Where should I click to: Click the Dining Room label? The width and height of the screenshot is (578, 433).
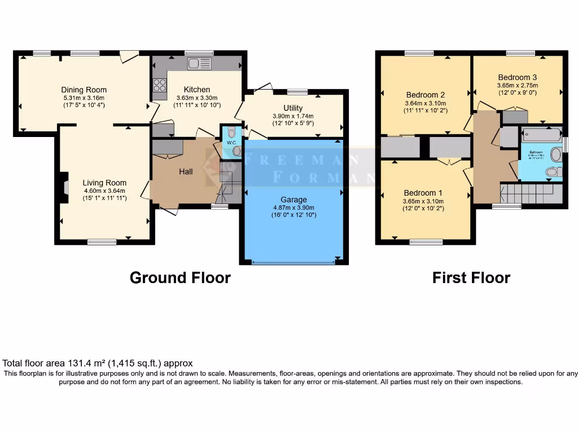point(84,90)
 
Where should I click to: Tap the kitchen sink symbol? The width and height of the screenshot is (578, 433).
point(199,64)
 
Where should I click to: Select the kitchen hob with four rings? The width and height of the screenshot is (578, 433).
point(159,85)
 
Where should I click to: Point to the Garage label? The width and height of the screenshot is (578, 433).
point(294,200)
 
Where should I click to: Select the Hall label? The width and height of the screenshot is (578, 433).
point(186,171)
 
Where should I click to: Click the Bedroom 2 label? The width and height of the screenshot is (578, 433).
point(426,95)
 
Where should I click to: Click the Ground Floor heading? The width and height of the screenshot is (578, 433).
point(180,278)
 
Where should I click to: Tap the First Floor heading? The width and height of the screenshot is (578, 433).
point(471,278)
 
